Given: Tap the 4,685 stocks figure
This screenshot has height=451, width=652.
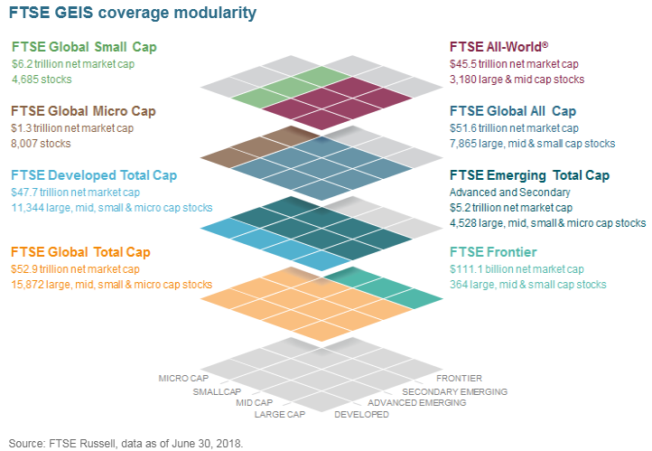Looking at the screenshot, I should (43, 80).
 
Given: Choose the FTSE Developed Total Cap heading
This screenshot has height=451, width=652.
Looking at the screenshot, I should (94, 175).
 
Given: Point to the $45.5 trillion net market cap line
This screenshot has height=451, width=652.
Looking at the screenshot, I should (515, 64).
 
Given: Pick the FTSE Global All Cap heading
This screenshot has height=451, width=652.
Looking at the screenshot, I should (513, 111).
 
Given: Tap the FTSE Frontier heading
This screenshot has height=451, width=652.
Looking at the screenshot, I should (494, 251).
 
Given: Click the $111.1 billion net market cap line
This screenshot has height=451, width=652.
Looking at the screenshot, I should (517, 268).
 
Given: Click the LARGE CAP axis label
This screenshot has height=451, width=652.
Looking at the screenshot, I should (281, 415).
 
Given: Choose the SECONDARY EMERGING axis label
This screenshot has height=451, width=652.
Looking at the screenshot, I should (454, 391).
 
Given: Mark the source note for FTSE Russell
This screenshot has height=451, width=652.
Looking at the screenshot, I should (126, 443).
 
